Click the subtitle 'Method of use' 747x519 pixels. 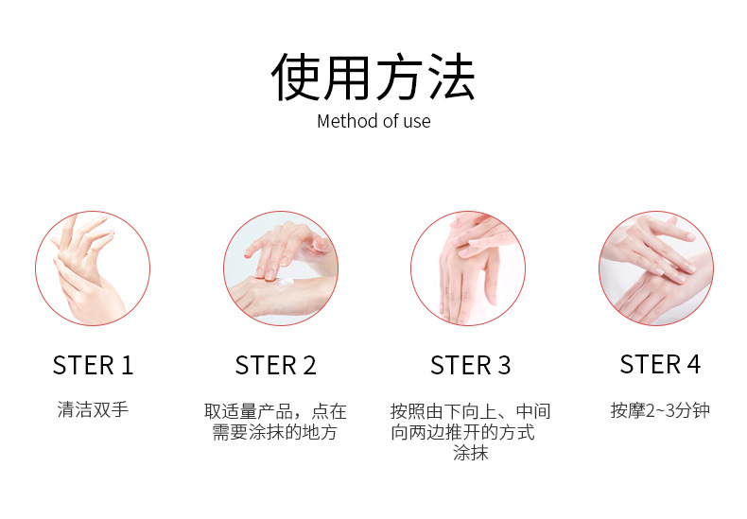[x=373, y=121]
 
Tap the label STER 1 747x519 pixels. [x=93, y=365]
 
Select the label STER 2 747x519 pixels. [x=276, y=365]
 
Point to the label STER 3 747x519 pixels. [x=470, y=365]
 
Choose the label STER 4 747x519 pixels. [x=660, y=364]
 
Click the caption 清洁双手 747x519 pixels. [x=93, y=410]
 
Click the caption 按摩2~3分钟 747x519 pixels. [x=660, y=410]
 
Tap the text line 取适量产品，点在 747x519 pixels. [x=276, y=411]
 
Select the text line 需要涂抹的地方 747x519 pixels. [x=276, y=432]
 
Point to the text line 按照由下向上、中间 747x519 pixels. [x=470, y=411]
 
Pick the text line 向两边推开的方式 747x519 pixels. [x=463, y=432]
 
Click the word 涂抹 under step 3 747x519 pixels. [x=470, y=454]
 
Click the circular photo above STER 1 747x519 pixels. [x=93, y=268]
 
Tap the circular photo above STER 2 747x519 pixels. [x=280, y=268]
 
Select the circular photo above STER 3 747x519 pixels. [x=467, y=268]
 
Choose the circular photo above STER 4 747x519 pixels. [x=655, y=268]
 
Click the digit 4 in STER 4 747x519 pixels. [x=693, y=364]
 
